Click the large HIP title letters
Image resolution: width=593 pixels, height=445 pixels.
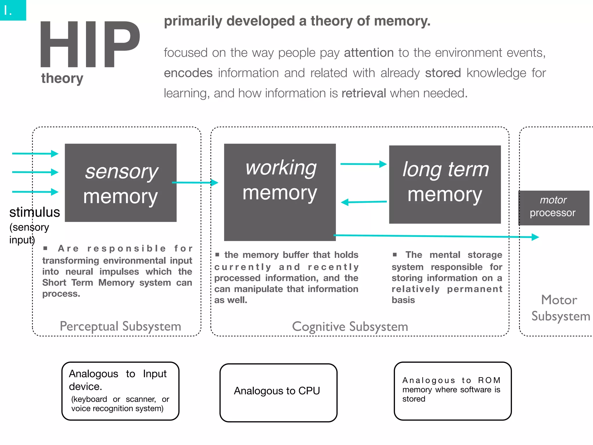coord(90,44)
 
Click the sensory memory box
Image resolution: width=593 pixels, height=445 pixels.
coord(120,183)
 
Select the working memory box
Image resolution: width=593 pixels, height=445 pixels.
coord(280,192)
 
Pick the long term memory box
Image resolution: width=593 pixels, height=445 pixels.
coord(445,184)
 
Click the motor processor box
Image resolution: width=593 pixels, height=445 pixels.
coord(553,207)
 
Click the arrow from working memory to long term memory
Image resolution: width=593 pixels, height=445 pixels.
coord(363,164)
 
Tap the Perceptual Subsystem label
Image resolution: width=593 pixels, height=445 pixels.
coord(120,326)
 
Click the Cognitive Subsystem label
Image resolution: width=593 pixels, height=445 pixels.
coord(350,327)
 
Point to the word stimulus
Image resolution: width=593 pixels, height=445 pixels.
coord(34,212)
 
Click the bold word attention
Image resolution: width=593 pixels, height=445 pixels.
coord(369,53)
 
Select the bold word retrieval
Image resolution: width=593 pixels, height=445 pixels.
coord(364,93)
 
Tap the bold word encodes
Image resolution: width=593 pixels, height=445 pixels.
coord(188,73)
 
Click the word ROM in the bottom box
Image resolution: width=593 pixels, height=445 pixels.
coord(489,380)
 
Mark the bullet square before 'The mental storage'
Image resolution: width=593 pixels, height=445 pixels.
coord(395,254)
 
